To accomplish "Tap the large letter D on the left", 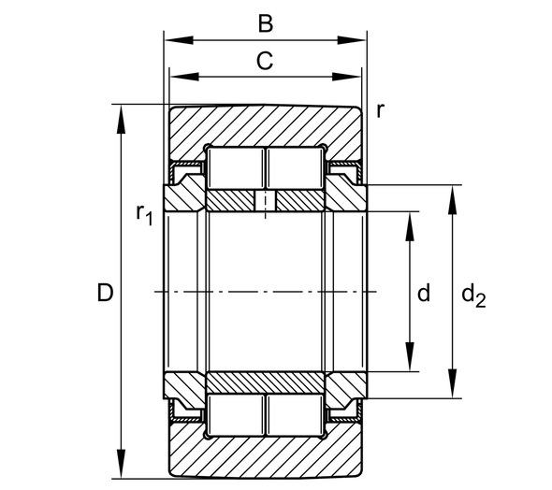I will pos(105,293).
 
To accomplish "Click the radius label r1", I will pos(143,215).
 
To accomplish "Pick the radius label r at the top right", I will pos(379,109).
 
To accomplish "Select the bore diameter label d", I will pos(423,294).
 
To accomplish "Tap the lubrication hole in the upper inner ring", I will pos(266,201).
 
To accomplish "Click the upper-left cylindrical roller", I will pos(235,168).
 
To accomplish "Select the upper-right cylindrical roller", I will pos(296,168).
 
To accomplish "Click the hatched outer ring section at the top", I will pos(266,126).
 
